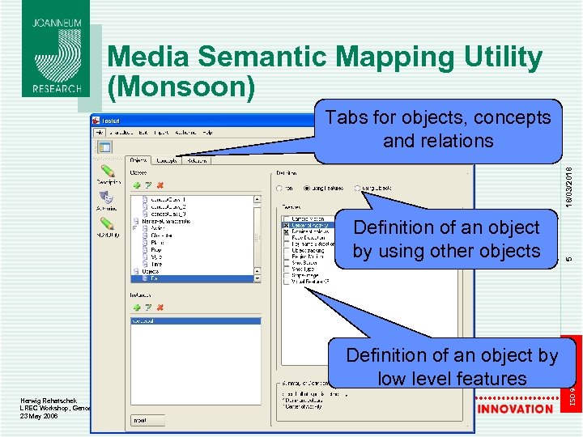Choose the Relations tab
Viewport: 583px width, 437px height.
point(196,160)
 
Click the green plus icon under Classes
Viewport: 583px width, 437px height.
point(137,185)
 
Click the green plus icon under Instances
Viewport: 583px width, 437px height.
point(137,308)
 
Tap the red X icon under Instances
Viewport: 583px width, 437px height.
point(160,308)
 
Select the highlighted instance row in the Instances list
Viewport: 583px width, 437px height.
point(194,320)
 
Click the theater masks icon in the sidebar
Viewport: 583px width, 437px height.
point(105,196)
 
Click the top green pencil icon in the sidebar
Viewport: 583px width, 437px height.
point(106,172)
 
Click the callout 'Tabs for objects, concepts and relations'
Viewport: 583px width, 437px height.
point(437,129)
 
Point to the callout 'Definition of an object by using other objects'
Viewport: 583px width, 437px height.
point(446,240)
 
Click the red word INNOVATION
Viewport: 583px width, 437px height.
point(515,409)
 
